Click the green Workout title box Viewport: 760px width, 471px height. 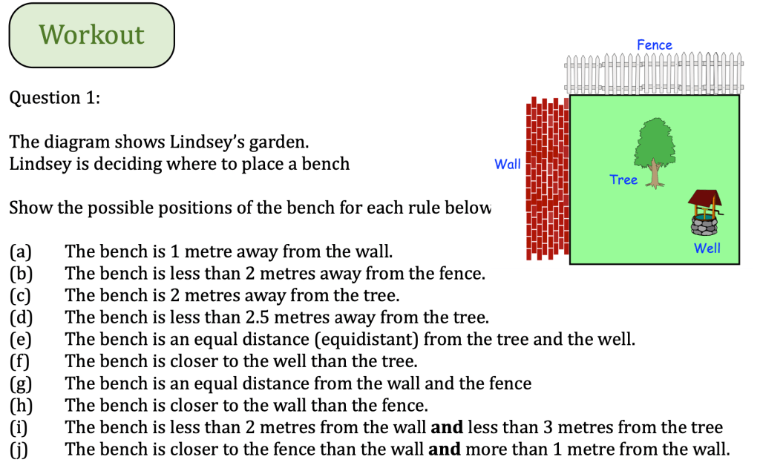tap(91, 35)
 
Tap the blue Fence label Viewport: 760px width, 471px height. tap(654, 45)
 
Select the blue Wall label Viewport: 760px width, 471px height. tap(508, 164)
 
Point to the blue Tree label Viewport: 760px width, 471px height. tap(623, 179)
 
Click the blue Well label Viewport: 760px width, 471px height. tap(707, 248)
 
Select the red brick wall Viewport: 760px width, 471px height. tap(546, 178)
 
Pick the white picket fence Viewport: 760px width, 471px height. tap(653, 73)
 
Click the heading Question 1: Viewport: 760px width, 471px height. tap(54, 98)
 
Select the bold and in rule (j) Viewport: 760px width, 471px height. tap(445, 449)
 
